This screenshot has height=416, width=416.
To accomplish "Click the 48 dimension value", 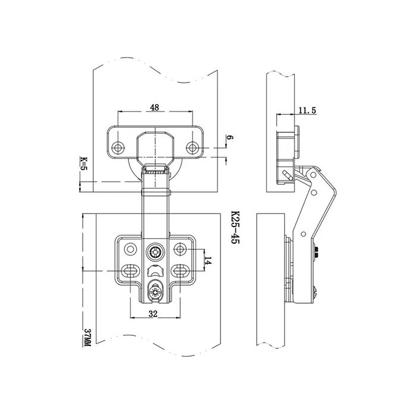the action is click(x=155, y=107).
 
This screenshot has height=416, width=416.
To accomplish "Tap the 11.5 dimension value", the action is click(x=307, y=111).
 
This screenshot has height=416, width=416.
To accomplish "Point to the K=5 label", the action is click(x=84, y=163).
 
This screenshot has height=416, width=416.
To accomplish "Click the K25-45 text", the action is click(x=235, y=228).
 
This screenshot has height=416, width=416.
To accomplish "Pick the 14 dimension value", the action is click(x=208, y=260).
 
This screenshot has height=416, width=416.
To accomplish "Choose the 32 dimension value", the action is click(x=153, y=314).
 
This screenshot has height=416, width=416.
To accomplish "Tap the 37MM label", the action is click(x=87, y=338).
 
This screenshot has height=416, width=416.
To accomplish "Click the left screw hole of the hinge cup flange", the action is click(x=118, y=147).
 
